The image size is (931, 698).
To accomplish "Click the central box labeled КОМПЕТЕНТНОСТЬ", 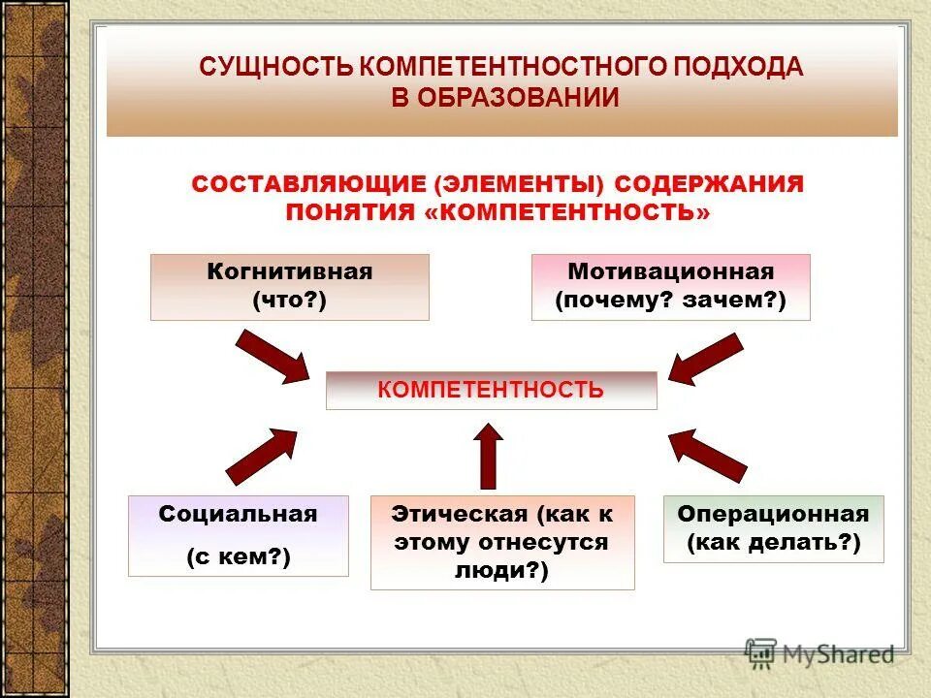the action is click(x=491, y=390).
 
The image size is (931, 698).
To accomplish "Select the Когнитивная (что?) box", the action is click(x=289, y=287).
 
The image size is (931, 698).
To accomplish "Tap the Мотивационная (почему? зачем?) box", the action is click(x=670, y=287).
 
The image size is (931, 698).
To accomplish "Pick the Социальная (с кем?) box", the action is click(x=238, y=535).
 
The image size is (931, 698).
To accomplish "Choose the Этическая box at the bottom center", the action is click(x=502, y=542).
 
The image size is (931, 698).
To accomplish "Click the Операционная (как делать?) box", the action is click(x=774, y=528).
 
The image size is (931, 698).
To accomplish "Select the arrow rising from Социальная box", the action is click(x=261, y=455).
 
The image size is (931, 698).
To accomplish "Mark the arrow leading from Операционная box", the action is click(x=708, y=454).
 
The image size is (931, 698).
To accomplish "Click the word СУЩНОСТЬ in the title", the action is click(x=275, y=69).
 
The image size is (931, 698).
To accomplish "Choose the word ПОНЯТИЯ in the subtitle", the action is click(x=350, y=211).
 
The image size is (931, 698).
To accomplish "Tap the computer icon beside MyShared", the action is click(x=761, y=652).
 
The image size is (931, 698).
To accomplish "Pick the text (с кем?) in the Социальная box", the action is click(x=238, y=556).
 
